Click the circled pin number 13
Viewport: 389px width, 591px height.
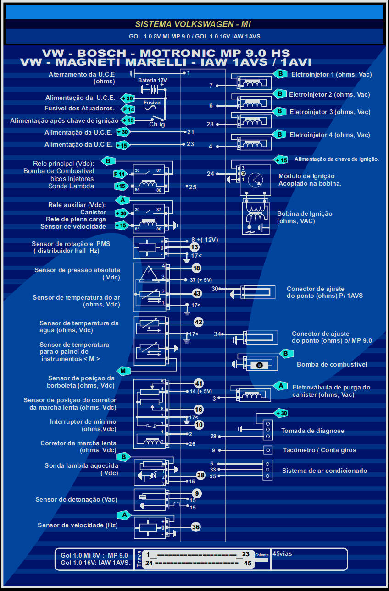194,247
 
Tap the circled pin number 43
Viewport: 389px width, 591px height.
197,293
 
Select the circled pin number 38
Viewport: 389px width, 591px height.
200,475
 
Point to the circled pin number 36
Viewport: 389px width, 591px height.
196,527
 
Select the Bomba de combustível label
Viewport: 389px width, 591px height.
332,365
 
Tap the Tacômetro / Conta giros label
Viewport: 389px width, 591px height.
319,450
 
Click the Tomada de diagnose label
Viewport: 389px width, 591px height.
312,431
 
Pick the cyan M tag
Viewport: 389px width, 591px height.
123,371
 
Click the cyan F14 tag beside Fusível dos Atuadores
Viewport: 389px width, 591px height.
128,109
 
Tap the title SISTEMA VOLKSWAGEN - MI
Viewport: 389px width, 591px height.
193,24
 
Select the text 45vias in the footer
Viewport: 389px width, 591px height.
282,553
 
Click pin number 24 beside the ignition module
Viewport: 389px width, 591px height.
211,174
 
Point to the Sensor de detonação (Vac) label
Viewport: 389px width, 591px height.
76,499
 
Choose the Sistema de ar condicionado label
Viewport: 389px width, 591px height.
324,471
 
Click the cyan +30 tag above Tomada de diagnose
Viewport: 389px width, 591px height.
281,413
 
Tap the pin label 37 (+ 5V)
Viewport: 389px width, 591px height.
200,279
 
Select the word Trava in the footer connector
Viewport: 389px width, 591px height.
139,559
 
